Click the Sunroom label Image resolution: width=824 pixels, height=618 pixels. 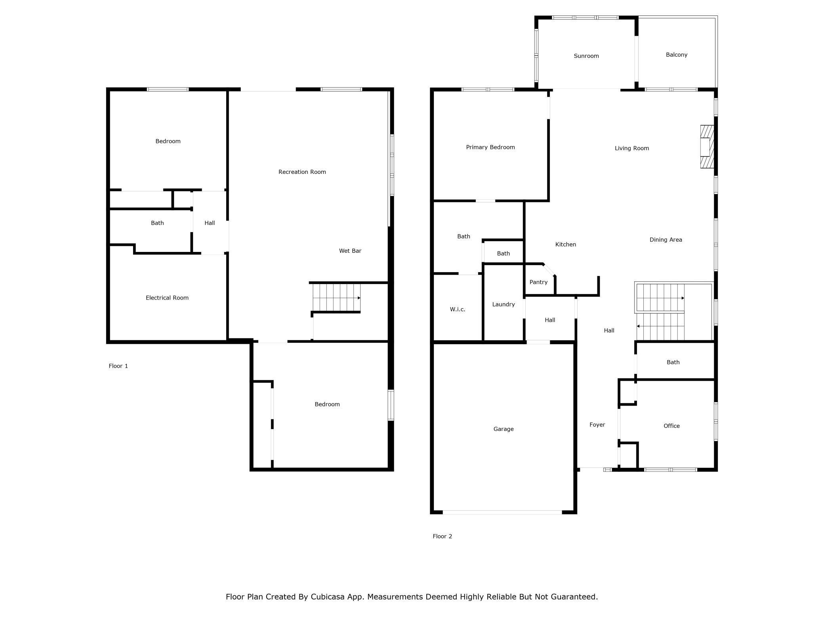click(586, 56)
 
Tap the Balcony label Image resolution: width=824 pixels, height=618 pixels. click(676, 55)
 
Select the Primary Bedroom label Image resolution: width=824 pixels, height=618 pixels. click(490, 147)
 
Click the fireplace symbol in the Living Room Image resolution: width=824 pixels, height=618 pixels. click(707, 147)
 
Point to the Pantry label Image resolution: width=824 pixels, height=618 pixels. click(538, 282)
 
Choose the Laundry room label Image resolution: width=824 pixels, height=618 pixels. click(504, 304)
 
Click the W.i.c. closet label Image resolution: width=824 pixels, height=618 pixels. click(458, 309)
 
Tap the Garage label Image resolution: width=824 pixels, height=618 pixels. click(504, 429)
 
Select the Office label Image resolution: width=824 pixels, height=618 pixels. click(671, 426)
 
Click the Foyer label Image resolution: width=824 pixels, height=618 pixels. click(597, 425)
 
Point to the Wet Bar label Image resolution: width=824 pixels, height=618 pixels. click(350, 251)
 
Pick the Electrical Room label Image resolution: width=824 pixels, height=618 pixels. click(167, 298)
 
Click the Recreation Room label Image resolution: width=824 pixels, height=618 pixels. click(302, 172)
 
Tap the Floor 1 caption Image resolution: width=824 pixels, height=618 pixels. click(118, 366)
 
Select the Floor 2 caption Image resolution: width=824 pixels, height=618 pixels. click(442, 536)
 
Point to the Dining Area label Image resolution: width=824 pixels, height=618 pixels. click(666, 240)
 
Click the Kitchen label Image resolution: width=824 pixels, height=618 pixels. click(565, 244)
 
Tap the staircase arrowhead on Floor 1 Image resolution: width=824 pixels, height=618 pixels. click(359, 298)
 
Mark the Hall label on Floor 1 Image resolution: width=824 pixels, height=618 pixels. click(210, 223)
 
